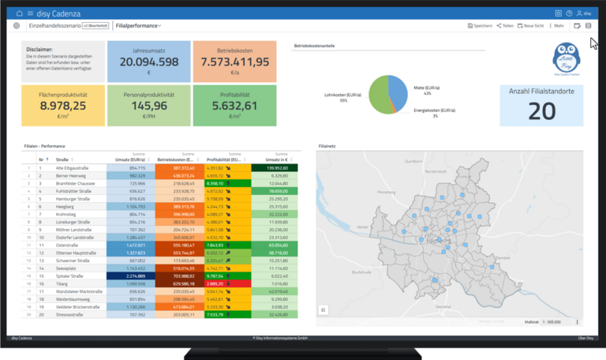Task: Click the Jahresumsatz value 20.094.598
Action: point(149,62)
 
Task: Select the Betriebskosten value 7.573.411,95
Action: point(235,62)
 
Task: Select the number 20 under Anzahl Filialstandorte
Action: point(541,111)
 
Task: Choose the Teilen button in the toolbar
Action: point(505,26)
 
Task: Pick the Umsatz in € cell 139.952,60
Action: point(275,168)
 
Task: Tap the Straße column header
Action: point(64,159)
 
